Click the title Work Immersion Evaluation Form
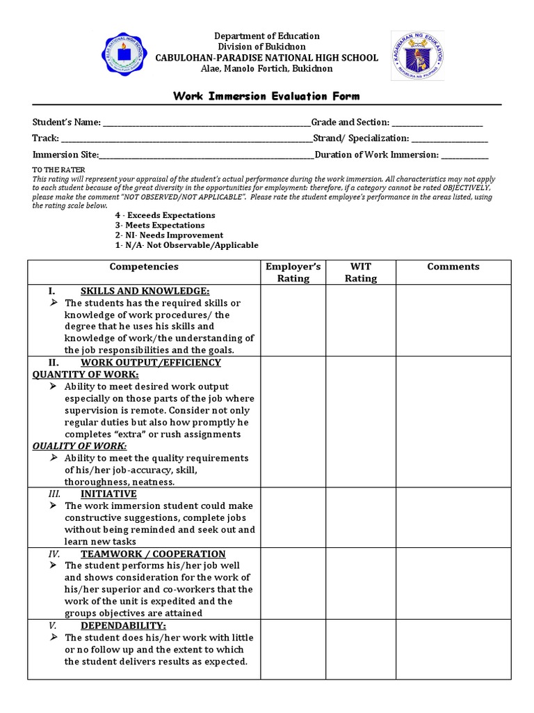[x=266, y=96]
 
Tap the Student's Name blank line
[x=207, y=123]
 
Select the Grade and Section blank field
[x=437, y=123]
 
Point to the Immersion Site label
[x=65, y=155]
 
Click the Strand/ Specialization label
[x=361, y=139]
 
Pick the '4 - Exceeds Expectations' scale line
[x=165, y=215]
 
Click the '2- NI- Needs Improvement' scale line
[x=169, y=235]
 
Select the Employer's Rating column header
[x=293, y=272]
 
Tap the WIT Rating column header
[x=361, y=272]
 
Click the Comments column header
[x=453, y=267]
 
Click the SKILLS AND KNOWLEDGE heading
[x=145, y=291]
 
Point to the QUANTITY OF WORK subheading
[x=86, y=375]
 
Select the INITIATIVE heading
[x=108, y=494]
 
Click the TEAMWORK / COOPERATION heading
[x=153, y=554]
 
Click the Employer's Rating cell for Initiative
[x=293, y=517]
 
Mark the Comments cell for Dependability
[x=453, y=649]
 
